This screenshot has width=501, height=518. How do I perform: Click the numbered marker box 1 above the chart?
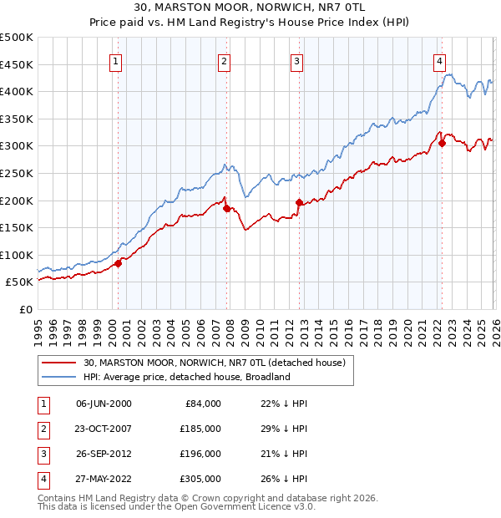point(115,60)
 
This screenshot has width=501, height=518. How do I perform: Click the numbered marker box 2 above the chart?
point(225,60)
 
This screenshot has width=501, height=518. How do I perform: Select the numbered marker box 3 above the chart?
point(297,60)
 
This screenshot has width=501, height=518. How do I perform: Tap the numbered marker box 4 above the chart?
point(439,60)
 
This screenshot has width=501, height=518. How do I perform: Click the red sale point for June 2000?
point(118,263)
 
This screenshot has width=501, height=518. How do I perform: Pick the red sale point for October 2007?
point(226,208)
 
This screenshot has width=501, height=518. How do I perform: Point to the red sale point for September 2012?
point(299,202)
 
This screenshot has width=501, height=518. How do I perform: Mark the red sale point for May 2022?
point(442,143)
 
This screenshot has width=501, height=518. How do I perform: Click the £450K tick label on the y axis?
point(17,64)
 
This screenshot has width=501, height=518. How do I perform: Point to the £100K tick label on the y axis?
point(17,255)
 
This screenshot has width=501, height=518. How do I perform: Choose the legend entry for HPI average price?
point(185,377)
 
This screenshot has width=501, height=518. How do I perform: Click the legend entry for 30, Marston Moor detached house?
point(219,363)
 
